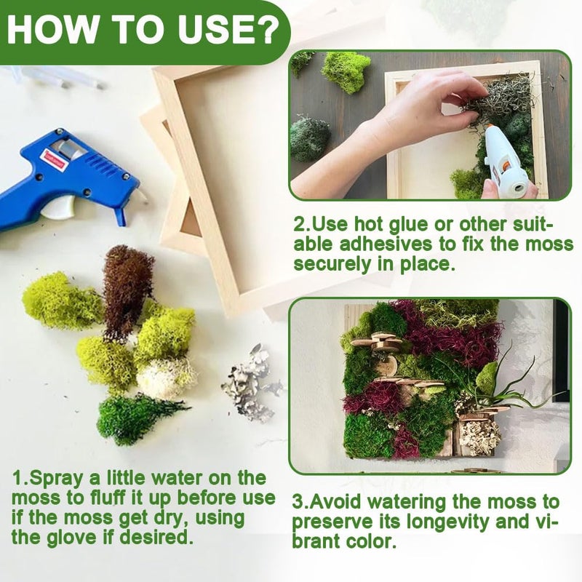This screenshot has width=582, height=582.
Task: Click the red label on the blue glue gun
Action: (x=57, y=159)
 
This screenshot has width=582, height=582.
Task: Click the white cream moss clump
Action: (x=167, y=378)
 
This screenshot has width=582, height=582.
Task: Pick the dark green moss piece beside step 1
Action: (x=137, y=419)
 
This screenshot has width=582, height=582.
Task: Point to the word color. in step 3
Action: (x=370, y=541)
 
